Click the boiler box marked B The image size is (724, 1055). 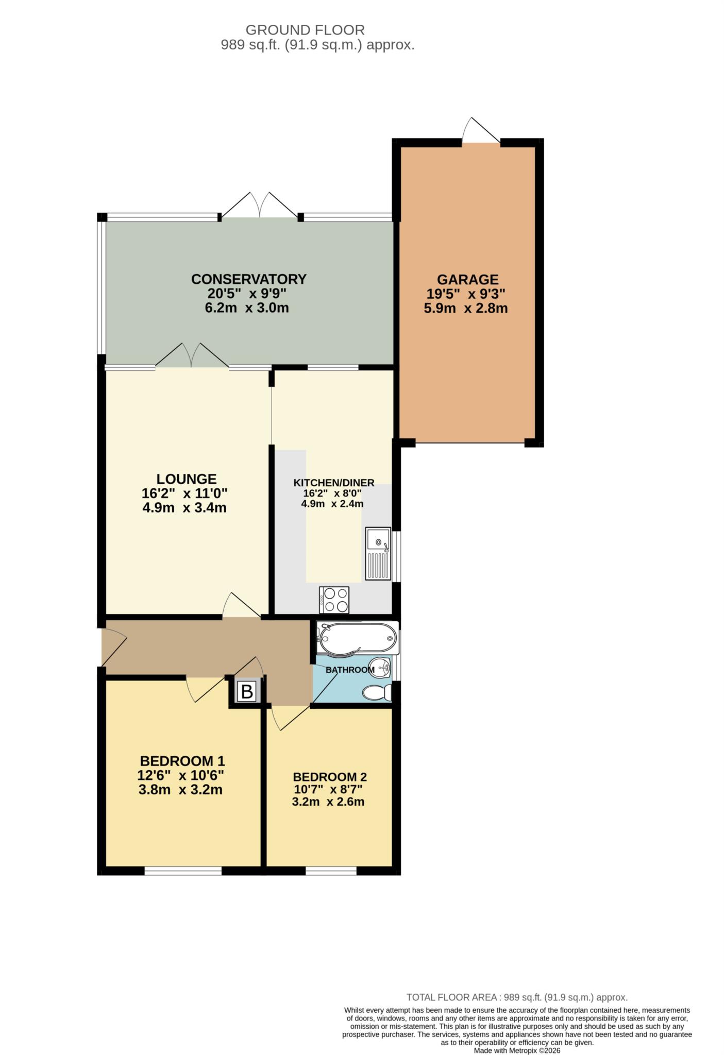pos(247,691)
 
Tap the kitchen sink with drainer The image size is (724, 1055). pos(379,553)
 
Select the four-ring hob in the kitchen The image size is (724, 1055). pos(334,600)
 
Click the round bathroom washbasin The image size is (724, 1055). pos(382,669)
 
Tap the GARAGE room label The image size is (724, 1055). pos(467,280)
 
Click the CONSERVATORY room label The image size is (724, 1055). pos(249,279)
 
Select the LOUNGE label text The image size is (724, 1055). pos(187,479)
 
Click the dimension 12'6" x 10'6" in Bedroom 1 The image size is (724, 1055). pos(180,775)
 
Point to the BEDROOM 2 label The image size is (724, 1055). pos(330,777)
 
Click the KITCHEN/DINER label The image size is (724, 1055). pos(333,483)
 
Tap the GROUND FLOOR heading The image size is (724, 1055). pos(305,30)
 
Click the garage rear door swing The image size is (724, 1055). pos(480,130)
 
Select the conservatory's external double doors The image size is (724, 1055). pos(260,206)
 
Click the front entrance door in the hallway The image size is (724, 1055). pos(112,645)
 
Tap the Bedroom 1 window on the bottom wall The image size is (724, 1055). pos(183,871)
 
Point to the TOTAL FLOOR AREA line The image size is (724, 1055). pos(517,997)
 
